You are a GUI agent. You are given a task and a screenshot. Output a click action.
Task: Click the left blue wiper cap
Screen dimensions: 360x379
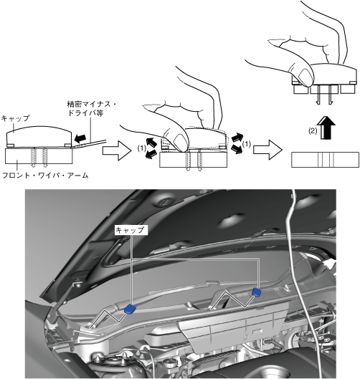[131, 309]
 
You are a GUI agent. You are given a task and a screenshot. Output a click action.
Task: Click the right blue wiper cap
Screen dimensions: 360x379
[257, 292]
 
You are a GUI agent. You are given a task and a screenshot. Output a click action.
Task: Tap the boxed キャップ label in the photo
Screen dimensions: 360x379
[131, 230]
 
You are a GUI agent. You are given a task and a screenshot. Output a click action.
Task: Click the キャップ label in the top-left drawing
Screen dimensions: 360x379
[15, 118]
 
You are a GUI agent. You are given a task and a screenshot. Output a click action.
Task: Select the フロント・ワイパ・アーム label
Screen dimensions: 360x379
[45, 176]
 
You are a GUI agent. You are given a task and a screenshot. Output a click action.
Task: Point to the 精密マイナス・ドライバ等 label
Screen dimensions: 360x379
[92, 109]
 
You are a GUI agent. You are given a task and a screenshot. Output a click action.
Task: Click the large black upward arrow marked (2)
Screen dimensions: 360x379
[328, 128]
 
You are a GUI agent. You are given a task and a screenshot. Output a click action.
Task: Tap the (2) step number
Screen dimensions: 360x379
[313, 131]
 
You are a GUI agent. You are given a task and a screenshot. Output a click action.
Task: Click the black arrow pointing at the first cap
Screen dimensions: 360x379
[80, 138]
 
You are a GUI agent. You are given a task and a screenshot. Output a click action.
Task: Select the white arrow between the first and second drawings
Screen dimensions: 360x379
[117, 150]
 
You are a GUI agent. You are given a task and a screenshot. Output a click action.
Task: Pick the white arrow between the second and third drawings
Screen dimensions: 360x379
[267, 150]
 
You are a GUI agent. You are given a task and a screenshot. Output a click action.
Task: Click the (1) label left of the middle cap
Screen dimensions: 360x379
[142, 148]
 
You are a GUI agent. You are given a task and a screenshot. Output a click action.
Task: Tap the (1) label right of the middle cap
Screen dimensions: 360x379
[247, 144]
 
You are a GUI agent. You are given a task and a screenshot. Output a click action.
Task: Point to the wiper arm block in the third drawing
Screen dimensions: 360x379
[325, 160]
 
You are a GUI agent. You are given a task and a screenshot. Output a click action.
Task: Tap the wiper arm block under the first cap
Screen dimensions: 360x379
[39, 156]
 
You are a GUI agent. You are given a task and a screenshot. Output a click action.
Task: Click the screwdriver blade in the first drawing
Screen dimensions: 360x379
[89, 143]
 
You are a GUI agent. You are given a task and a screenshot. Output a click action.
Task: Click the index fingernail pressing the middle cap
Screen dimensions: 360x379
[179, 142]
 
